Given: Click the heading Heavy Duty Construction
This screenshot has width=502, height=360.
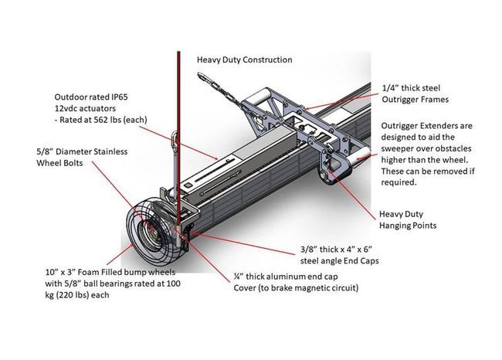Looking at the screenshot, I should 244,59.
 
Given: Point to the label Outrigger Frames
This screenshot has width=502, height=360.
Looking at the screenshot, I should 416,100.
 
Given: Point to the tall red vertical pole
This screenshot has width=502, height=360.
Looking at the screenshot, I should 178,116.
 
